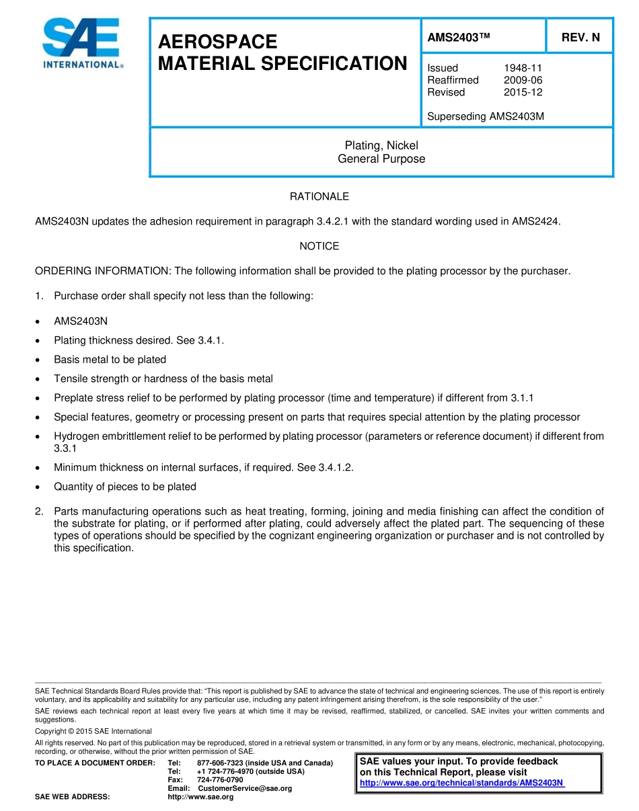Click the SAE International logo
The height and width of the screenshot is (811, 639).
(82, 43)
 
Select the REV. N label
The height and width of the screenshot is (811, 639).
(580, 38)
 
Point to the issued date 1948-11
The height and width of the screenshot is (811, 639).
(523, 68)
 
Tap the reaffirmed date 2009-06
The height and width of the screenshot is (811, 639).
(523, 80)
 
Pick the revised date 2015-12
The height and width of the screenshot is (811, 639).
(523, 92)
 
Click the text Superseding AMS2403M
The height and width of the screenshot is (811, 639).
(486, 116)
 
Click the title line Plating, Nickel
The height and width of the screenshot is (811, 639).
(381, 145)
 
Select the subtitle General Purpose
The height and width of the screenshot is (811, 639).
(381, 159)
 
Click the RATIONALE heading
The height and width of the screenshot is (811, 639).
(319, 196)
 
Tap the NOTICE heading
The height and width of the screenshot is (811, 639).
(319, 246)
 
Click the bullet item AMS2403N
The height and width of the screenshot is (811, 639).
(81, 321)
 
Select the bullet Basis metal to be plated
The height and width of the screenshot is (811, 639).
(110, 359)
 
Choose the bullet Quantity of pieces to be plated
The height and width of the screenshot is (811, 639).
(125, 486)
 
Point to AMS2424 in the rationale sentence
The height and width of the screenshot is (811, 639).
(535, 221)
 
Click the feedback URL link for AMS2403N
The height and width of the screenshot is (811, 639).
(462, 783)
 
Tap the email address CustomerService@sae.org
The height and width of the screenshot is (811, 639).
(245, 788)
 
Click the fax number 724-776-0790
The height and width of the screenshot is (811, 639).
(220, 779)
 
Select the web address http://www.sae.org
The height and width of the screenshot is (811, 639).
(200, 797)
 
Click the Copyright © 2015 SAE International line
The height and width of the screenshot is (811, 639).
(93, 731)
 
